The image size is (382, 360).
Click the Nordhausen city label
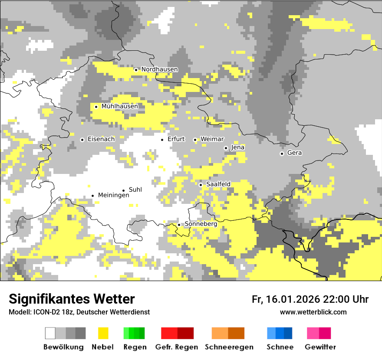159,69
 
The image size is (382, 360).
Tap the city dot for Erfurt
162,140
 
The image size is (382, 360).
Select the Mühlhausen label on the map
119,106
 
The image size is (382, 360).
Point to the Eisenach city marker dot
82,140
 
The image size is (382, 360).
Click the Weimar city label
212,139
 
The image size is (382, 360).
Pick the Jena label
237,147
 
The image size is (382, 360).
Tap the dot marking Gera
282,154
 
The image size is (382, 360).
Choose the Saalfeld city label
218,184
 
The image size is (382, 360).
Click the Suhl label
135,190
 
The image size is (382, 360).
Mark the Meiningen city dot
92,196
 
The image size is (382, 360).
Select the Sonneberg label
201,224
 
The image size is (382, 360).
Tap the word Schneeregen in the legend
229,347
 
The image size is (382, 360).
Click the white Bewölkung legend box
50,333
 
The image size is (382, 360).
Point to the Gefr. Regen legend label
176,347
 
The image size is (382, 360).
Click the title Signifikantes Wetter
72,299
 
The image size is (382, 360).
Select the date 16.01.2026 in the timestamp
292,299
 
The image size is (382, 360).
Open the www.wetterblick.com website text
313,312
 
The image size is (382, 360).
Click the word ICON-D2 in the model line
46,312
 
